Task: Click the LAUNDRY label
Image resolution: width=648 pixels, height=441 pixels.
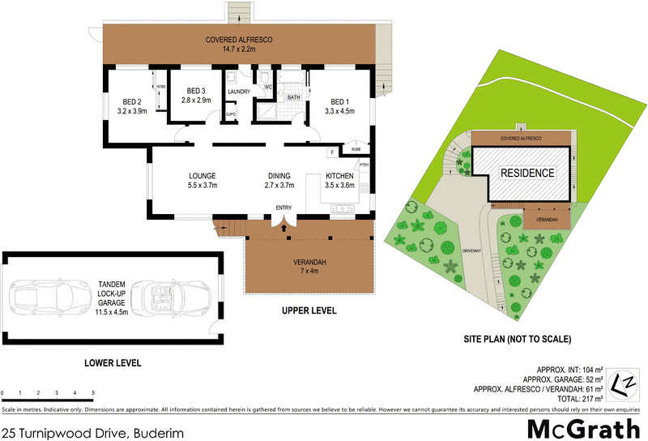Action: click(x=239, y=92)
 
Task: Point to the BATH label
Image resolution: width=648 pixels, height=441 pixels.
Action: click(x=293, y=96)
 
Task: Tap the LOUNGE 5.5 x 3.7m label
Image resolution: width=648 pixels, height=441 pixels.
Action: click(x=202, y=180)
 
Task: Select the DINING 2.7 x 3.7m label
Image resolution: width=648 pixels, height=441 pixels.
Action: click(x=280, y=180)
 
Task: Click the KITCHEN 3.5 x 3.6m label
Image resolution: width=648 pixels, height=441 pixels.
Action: click(x=339, y=180)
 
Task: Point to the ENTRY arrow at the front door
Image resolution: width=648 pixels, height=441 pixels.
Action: click(x=283, y=226)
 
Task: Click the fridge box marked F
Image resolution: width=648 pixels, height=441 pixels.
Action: click(x=331, y=152)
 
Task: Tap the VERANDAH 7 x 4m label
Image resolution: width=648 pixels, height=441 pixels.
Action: click(x=309, y=267)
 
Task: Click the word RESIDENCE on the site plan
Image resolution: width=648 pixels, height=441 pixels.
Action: click(x=526, y=173)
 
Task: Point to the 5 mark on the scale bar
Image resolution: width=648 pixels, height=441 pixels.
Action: click(x=93, y=392)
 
